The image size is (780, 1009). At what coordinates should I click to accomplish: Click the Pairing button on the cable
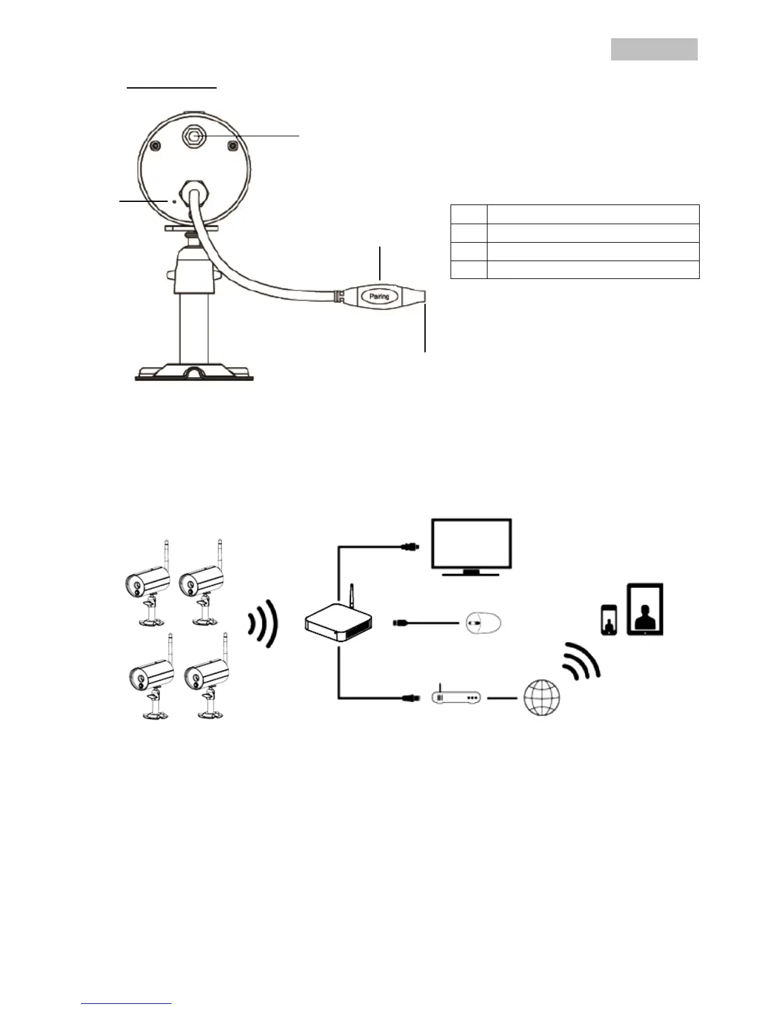(x=379, y=296)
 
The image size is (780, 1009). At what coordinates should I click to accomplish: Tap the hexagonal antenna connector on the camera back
(x=194, y=135)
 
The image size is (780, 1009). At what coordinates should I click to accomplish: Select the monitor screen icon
(x=471, y=543)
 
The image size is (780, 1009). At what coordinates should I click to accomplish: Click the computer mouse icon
(x=482, y=622)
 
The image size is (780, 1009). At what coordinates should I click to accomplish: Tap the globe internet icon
(x=542, y=697)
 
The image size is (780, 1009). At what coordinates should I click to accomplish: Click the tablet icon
(x=645, y=610)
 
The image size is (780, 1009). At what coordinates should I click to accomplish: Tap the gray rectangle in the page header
(x=654, y=49)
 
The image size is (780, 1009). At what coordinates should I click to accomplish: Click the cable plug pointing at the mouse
(x=403, y=622)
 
